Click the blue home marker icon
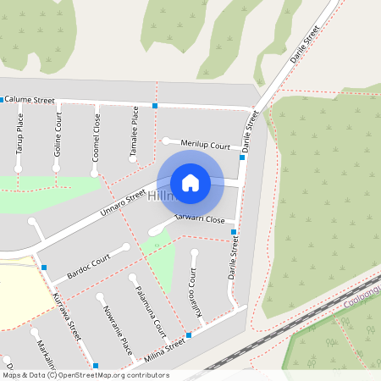[x=190, y=182]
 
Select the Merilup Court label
[x=205, y=146]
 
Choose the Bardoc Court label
[x=89, y=267]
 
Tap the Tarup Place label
[x=19, y=136]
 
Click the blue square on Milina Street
[x=188, y=335]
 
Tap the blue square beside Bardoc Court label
[x=44, y=268]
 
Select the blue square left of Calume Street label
[x=2, y=99]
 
